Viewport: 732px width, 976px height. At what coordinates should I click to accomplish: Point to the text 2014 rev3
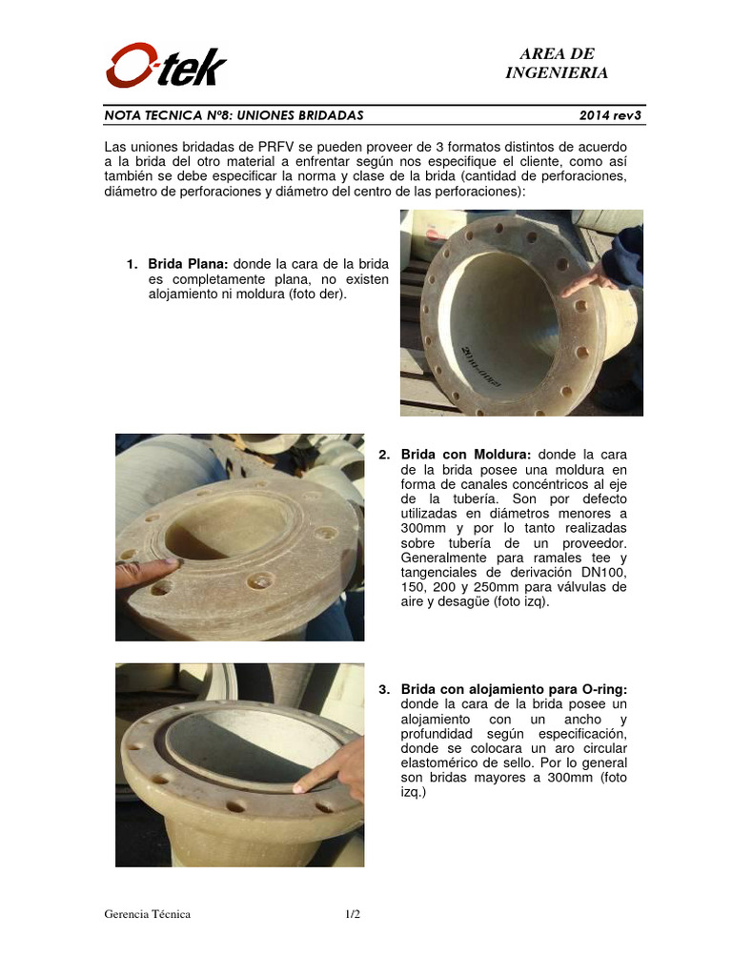tap(610, 115)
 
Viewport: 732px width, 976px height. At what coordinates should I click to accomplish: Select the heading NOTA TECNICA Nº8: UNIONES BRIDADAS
tap(234, 115)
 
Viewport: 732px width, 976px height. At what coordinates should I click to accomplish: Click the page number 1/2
tap(353, 914)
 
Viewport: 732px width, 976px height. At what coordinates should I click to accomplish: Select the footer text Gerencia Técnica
tap(148, 914)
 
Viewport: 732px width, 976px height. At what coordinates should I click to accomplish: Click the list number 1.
tap(131, 263)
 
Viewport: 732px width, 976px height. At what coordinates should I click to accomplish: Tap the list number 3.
tap(383, 688)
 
